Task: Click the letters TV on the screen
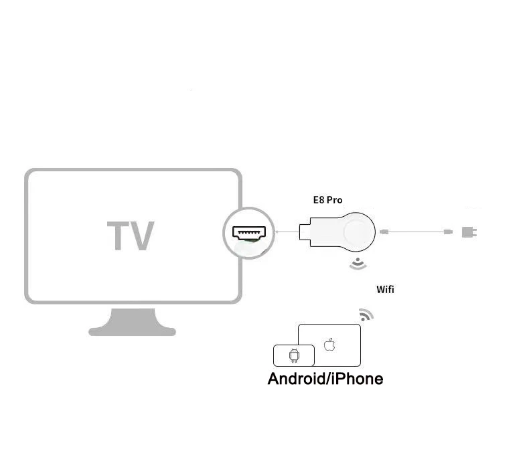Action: click(x=131, y=236)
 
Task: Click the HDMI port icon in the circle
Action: click(x=248, y=233)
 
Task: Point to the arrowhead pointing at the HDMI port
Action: click(x=278, y=233)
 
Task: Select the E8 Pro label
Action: click(x=327, y=199)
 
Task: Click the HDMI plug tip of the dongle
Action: click(x=303, y=232)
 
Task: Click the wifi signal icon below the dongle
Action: click(x=358, y=264)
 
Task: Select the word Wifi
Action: click(x=385, y=289)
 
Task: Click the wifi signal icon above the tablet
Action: click(x=366, y=314)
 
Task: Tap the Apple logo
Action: click(x=329, y=345)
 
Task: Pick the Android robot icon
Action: click(x=293, y=355)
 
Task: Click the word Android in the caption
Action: click(x=296, y=379)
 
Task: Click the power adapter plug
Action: click(x=468, y=232)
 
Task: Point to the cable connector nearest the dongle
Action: click(x=384, y=232)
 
